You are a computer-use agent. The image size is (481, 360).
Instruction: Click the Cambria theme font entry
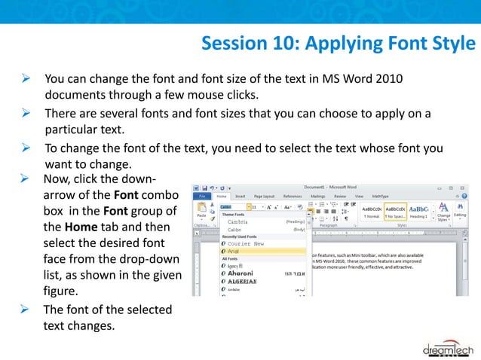[238, 222]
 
